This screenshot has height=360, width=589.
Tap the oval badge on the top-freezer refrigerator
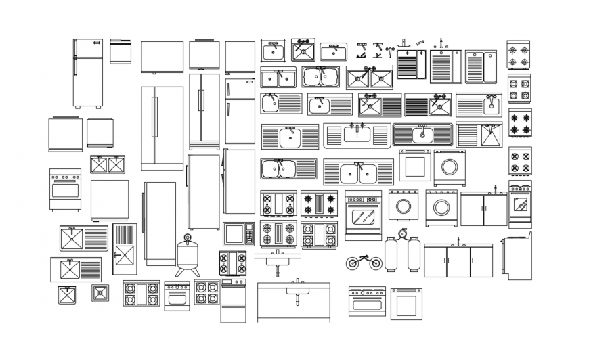pyautogui.click(x=240, y=84)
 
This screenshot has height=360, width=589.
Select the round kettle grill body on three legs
pyautogui.click(x=188, y=254)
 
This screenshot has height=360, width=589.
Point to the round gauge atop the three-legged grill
pyautogui.click(x=188, y=238)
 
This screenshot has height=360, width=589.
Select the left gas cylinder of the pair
pyautogui.click(x=392, y=254)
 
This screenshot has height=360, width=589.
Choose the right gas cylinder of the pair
pyautogui.click(x=414, y=254)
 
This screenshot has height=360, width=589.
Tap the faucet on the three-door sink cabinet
pyautogui.click(x=458, y=241)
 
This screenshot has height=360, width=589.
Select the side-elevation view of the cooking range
pyautogui.click(x=517, y=257)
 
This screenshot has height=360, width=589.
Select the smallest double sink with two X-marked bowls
pyautogui.click(x=108, y=164)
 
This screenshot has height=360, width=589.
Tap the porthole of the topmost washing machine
pyautogui.click(x=449, y=166)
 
